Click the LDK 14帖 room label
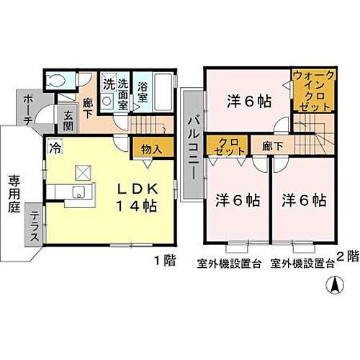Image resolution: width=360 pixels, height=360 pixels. tap(138, 195)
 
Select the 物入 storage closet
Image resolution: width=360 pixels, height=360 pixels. tap(150, 149)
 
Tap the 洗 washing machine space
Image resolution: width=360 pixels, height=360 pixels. tap(107, 84)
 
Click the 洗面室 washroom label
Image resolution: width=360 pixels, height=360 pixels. tap(124, 92)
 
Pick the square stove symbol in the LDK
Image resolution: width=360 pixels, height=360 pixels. tap(81, 173)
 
